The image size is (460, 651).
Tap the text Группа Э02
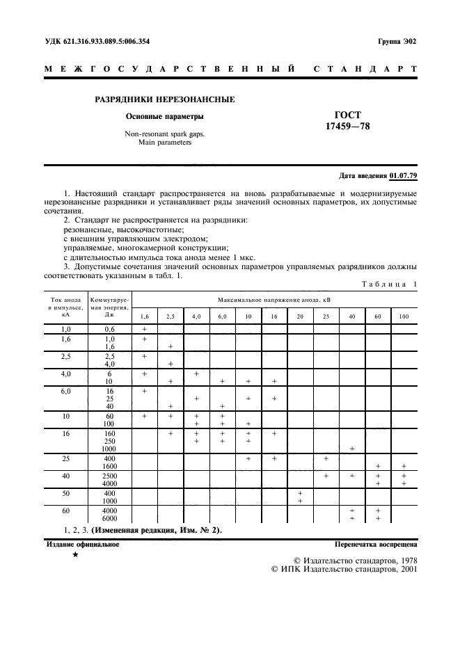coord(397,42)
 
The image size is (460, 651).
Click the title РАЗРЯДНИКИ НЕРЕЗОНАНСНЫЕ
coord(164,99)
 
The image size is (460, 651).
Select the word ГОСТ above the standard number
coord(347,115)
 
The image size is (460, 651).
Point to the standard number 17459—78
coord(347,127)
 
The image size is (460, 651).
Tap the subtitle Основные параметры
coord(164,116)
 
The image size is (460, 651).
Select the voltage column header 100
coord(404,317)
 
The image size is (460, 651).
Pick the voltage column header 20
coord(300,317)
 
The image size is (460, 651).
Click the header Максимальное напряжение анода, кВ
coord(274,299)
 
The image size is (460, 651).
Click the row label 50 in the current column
coord(67,492)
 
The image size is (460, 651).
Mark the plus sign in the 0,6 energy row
coord(144,329)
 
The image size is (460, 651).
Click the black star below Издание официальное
coord(74,557)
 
